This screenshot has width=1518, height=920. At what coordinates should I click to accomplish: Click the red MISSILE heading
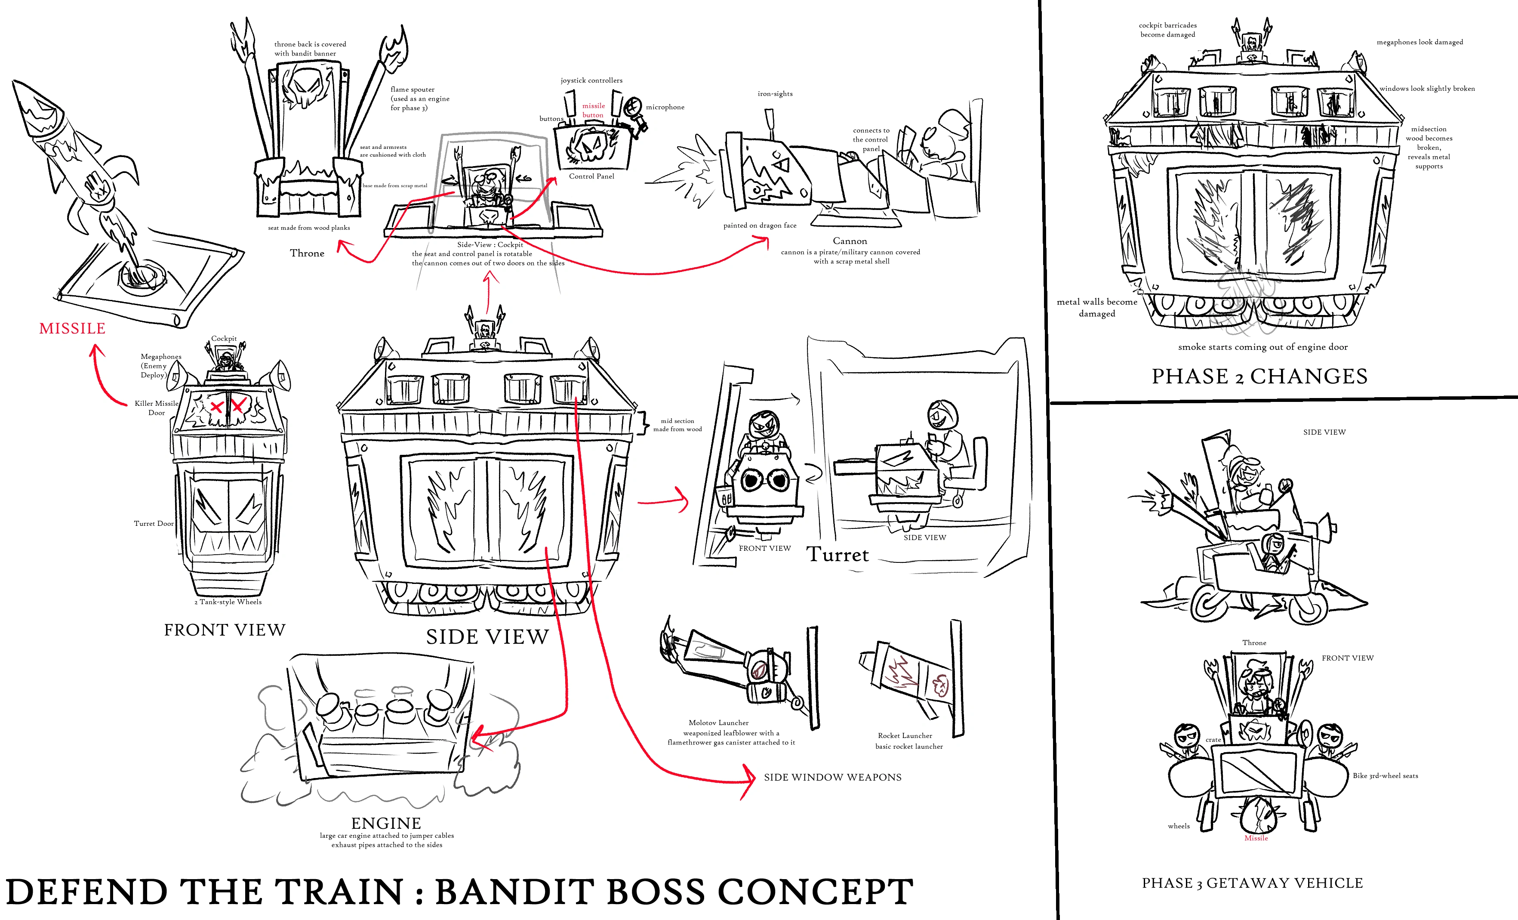click(72, 328)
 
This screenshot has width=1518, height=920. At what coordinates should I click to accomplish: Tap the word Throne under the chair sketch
click(307, 253)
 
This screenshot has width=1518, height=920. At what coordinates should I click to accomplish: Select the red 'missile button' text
click(593, 110)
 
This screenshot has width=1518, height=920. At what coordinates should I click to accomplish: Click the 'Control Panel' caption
click(591, 176)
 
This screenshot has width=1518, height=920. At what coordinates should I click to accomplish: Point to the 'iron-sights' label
click(775, 94)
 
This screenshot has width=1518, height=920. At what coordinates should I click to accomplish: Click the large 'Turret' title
click(837, 555)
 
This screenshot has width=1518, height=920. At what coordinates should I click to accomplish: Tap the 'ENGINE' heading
click(386, 823)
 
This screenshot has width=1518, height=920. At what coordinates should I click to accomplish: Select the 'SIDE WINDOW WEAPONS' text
click(832, 778)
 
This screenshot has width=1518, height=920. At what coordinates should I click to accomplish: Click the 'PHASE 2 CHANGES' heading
click(1259, 376)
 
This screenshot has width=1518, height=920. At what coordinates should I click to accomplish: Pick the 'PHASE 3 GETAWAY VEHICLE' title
click(1253, 883)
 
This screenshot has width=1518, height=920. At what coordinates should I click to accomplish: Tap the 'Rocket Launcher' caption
click(905, 736)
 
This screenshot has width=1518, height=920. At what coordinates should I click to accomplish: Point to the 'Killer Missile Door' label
click(157, 408)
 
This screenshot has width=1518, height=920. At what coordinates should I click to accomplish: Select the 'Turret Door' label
click(154, 524)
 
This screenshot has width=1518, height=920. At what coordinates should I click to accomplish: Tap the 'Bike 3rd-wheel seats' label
click(1385, 776)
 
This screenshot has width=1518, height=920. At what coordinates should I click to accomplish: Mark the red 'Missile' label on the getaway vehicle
click(1256, 838)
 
